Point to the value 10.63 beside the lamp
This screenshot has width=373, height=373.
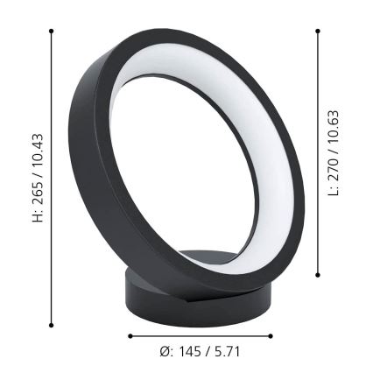(334, 128)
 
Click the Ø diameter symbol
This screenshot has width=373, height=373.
(165, 351)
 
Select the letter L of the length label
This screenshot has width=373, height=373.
(334, 193)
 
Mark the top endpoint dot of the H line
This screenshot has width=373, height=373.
(52, 31)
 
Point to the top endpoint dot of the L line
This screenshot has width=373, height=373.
(318, 31)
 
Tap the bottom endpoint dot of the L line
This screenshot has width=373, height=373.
(318, 278)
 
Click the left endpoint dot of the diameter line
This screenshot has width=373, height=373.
(130, 335)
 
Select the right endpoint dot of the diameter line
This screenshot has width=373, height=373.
(271, 335)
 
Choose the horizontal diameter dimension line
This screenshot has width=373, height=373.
(201, 335)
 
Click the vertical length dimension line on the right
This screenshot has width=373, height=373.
(318, 228)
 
